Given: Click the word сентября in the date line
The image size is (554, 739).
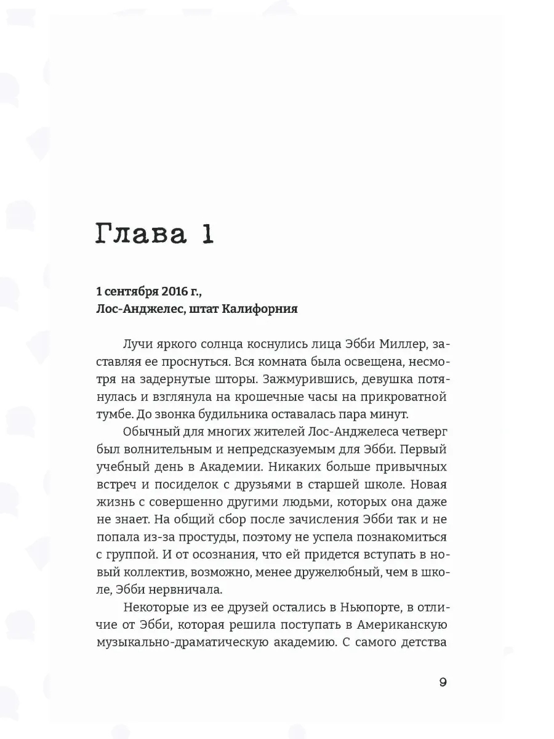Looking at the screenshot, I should pyautogui.click(x=123, y=291).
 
